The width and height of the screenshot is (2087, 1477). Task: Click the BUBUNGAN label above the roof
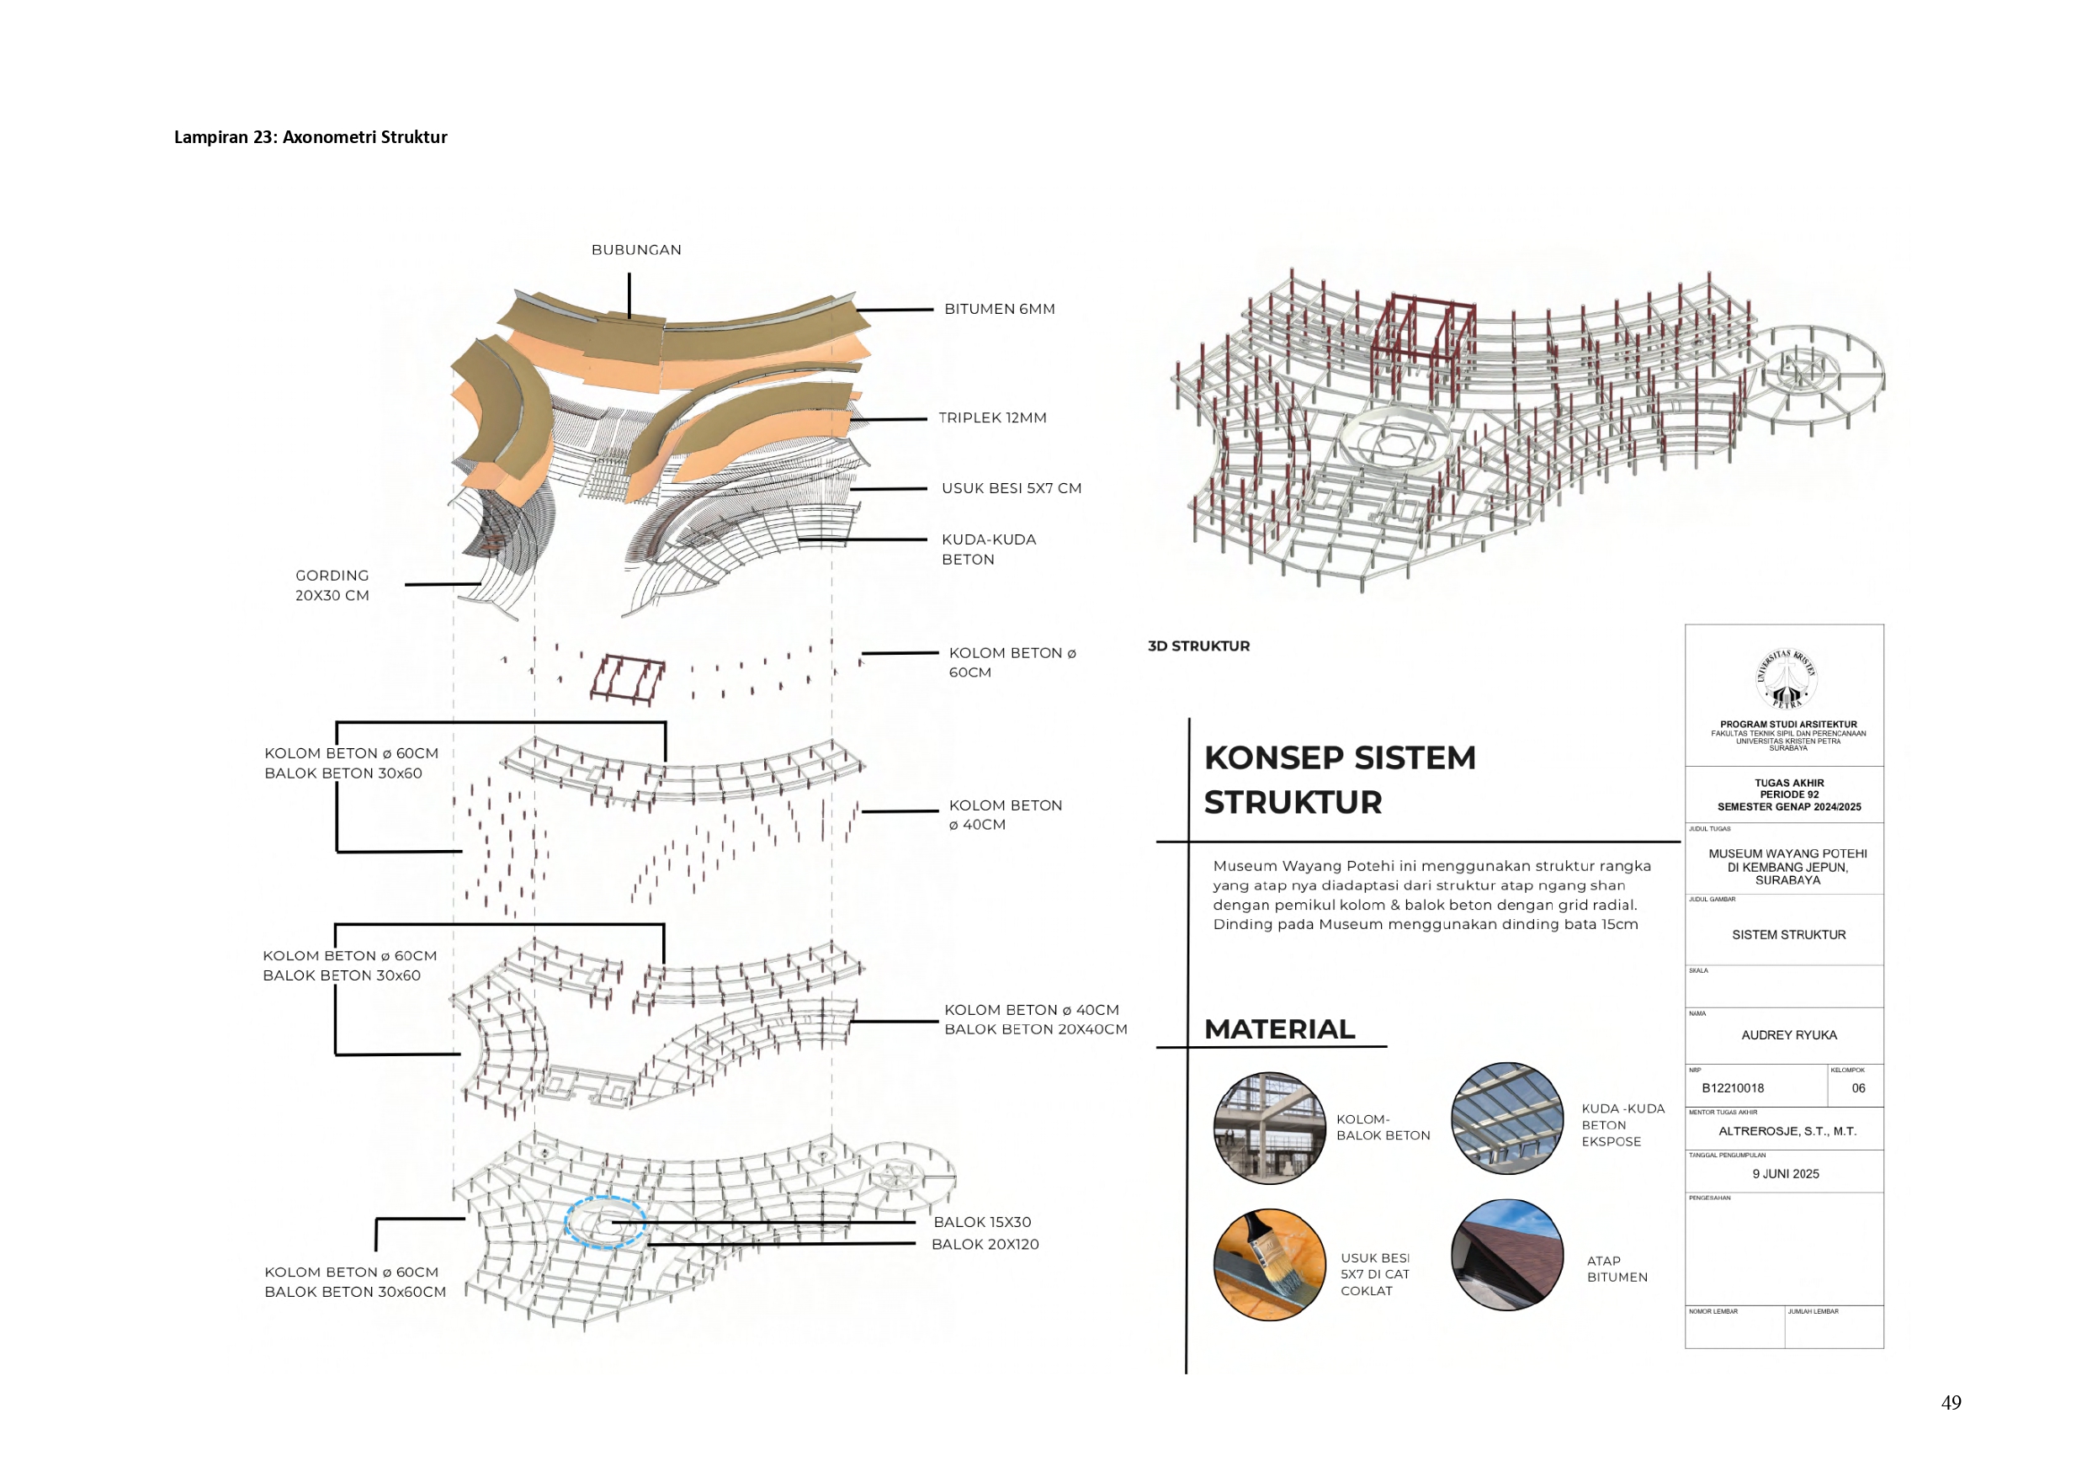click(635, 250)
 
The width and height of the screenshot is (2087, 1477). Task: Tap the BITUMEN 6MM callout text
click(999, 309)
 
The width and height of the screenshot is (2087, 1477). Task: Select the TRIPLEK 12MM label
click(992, 417)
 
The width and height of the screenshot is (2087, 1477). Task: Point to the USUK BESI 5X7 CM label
click(1012, 488)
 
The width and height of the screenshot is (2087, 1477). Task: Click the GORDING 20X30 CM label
click(332, 586)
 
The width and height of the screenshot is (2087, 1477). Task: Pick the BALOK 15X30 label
click(982, 1222)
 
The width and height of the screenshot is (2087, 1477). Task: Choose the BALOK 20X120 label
click(985, 1244)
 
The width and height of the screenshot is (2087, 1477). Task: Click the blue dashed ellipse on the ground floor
click(605, 1221)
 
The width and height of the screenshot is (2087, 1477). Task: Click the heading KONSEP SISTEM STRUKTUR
click(1339, 779)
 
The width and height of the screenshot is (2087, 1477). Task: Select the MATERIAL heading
click(1279, 1029)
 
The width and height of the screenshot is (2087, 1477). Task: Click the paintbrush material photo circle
click(1270, 1265)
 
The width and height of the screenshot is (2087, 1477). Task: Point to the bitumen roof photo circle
click(1507, 1254)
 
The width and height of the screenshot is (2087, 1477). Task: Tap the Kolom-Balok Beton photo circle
click(1270, 1128)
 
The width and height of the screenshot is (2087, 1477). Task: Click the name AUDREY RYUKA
click(1787, 1035)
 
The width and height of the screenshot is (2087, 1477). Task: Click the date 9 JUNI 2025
click(1785, 1174)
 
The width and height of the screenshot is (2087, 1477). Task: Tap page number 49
click(1951, 1402)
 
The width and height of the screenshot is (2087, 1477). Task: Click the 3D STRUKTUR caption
click(1198, 646)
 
